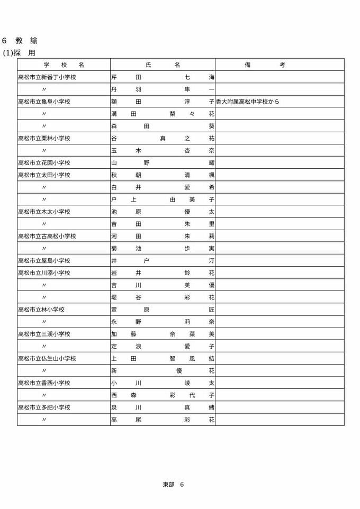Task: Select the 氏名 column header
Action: tap(163, 65)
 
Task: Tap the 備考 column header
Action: tap(265, 65)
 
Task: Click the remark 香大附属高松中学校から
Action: tap(247, 102)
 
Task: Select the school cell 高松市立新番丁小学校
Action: tap(47, 77)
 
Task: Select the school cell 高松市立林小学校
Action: tap(41, 310)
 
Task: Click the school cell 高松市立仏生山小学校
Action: tap(47, 358)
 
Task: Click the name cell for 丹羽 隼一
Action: tap(163, 89)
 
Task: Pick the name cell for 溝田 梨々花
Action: tap(163, 114)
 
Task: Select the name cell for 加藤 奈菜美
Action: tap(163, 334)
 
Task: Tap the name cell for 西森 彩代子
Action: tap(163, 395)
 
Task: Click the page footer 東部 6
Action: tap(173, 484)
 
